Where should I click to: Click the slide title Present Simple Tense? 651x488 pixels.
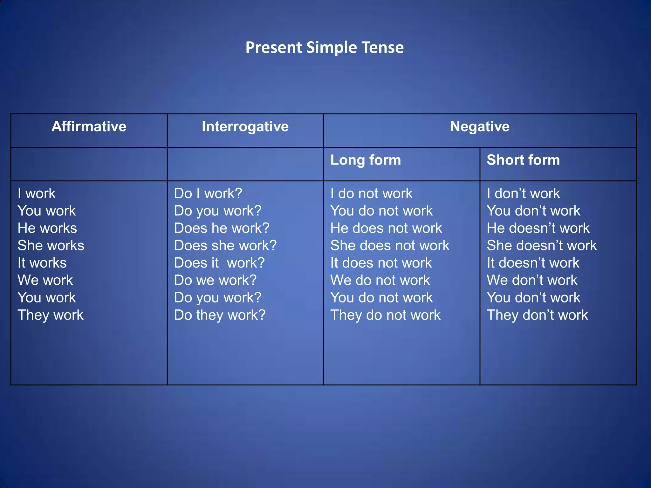tap(325, 48)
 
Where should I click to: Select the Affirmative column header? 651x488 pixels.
tap(89, 126)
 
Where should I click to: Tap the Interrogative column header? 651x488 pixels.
tap(245, 126)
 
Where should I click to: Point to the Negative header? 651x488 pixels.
tap(480, 126)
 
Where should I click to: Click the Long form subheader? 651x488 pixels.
tap(366, 160)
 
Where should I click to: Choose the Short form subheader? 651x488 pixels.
tap(523, 160)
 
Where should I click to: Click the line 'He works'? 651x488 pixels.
tap(47, 228)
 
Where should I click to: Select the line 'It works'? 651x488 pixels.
tap(42, 263)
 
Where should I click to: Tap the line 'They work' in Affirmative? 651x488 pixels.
tap(51, 315)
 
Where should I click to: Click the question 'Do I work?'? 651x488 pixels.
tap(208, 193)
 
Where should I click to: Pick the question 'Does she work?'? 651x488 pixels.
tap(225, 246)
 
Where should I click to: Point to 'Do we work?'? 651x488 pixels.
tap(215, 280)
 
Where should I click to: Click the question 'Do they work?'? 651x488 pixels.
tap(220, 315)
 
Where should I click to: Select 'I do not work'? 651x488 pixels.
tap(371, 193)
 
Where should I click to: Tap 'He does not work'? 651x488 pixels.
tap(386, 228)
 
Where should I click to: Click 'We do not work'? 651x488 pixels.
tap(380, 280)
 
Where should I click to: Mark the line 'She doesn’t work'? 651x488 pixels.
tap(542, 246)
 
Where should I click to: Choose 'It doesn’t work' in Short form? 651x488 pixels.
tap(533, 263)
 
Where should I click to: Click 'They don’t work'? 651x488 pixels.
tap(537, 315)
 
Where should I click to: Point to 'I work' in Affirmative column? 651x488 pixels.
tap(37, 193)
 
